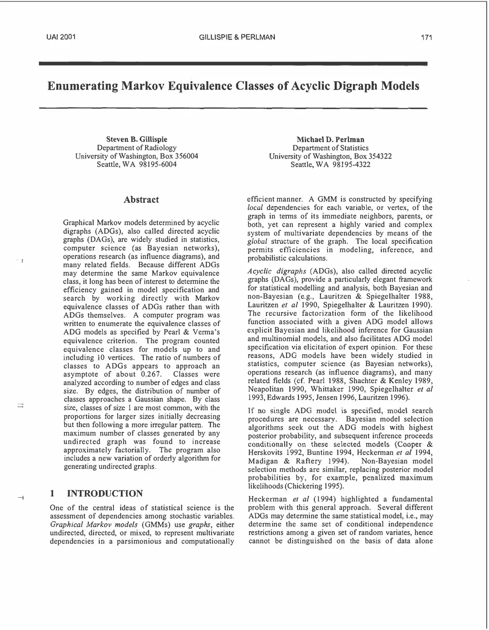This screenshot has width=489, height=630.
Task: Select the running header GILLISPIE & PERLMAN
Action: pyautogui.click(x=236, y=37)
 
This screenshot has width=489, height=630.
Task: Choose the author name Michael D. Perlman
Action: pyautogui.click(x=330, y=139)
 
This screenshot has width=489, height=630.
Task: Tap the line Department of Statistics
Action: pyautogui.click(x=330, y=148)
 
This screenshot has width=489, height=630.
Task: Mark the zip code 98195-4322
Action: pyautogui.click(x=351, y=165)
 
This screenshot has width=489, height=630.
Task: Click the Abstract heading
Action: pyautogui.click(x=141, y=199)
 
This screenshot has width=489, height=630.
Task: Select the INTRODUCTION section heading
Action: pyautogui.click(x=105, y=493)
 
